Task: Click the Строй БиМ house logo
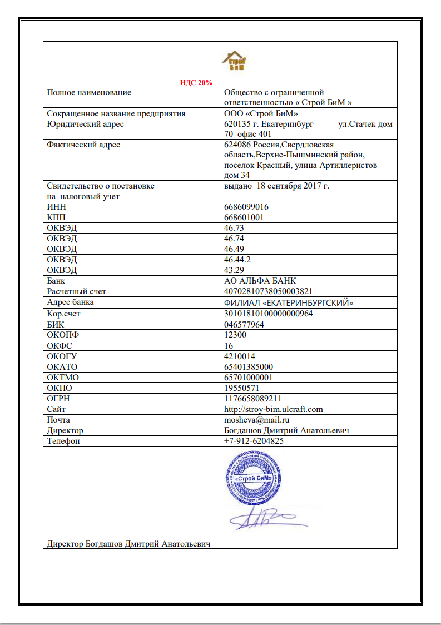235,61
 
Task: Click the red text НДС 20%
196,82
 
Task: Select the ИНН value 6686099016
246,206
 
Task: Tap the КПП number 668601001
244,217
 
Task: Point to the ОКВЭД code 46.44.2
237,260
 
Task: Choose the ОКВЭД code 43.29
234,270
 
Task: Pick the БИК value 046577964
243,324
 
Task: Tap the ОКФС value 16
228,345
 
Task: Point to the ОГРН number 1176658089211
251,399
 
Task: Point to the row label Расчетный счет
77,291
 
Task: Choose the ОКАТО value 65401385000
248,366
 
